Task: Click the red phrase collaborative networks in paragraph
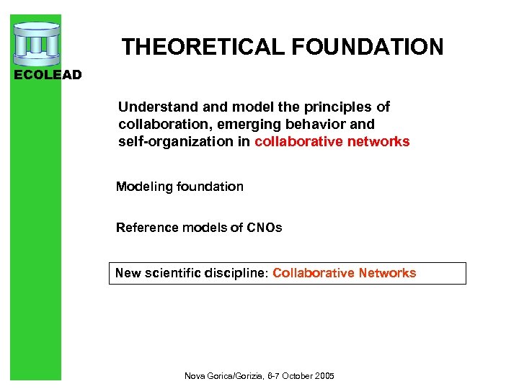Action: coord(332,142)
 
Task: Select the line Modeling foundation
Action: coord(179,187)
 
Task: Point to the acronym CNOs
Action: coord(264,228)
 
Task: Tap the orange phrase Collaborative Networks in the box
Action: coord(344,274)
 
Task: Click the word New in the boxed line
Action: coord(128,274)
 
